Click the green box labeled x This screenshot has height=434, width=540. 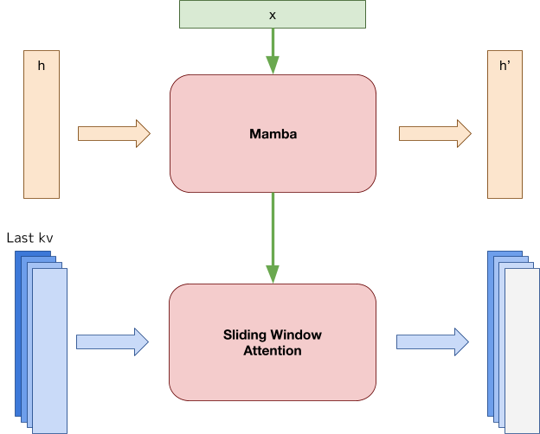(x=216, y=15)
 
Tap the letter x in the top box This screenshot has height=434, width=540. (x=273, y=15)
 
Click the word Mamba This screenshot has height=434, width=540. (x=273, y=134)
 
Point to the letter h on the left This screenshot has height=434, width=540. (x=42, y=67)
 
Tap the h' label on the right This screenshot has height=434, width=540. (x=505, y=67)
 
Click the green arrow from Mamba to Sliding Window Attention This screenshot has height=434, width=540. (x=273, y=233)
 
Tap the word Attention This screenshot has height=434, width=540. (x=273, y=351)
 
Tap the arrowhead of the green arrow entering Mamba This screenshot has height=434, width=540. (x=273, y=65)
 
